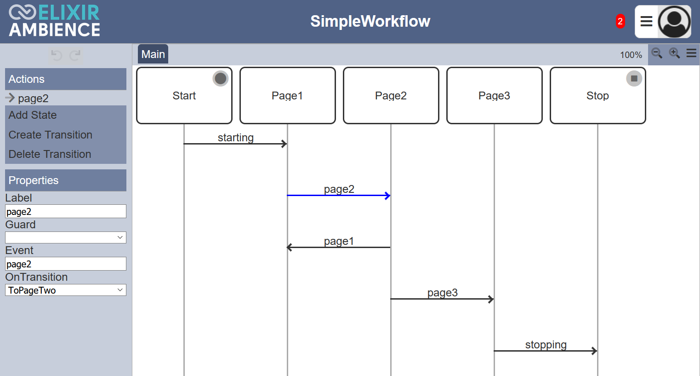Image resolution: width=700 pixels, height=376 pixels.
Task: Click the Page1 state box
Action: point(288,95)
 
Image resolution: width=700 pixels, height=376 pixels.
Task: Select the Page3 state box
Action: point(495,95)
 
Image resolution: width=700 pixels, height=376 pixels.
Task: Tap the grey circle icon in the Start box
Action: point(220,79)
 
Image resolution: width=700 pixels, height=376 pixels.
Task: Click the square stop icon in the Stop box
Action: point(634,79)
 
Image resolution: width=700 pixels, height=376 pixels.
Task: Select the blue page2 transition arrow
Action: point(339,196)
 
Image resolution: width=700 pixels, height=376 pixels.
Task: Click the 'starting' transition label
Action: point(236,137)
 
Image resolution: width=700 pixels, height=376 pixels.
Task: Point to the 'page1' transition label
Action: point(339,241)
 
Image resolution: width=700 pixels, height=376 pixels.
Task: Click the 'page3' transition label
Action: point(442,293)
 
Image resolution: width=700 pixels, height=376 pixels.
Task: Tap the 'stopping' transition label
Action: point(546,344)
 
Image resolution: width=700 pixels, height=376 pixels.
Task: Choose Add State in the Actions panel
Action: point(33,115)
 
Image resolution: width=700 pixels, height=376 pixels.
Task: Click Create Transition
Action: point(50,135)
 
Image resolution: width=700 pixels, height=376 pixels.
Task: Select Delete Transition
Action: point(50,154)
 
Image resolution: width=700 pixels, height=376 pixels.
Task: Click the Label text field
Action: point(66,211)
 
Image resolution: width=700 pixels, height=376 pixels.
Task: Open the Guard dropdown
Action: point(66,237)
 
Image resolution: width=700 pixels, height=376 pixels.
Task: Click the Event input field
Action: point(66,264)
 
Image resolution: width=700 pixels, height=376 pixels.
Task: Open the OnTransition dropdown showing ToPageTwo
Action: point(66,290)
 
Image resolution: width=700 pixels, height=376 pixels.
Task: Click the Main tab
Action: point(153,54)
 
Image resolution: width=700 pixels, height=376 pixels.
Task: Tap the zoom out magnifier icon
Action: point(657,53)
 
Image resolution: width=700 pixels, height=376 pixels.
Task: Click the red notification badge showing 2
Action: point(620,21)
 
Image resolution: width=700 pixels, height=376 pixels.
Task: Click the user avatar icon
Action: point(674,22)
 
